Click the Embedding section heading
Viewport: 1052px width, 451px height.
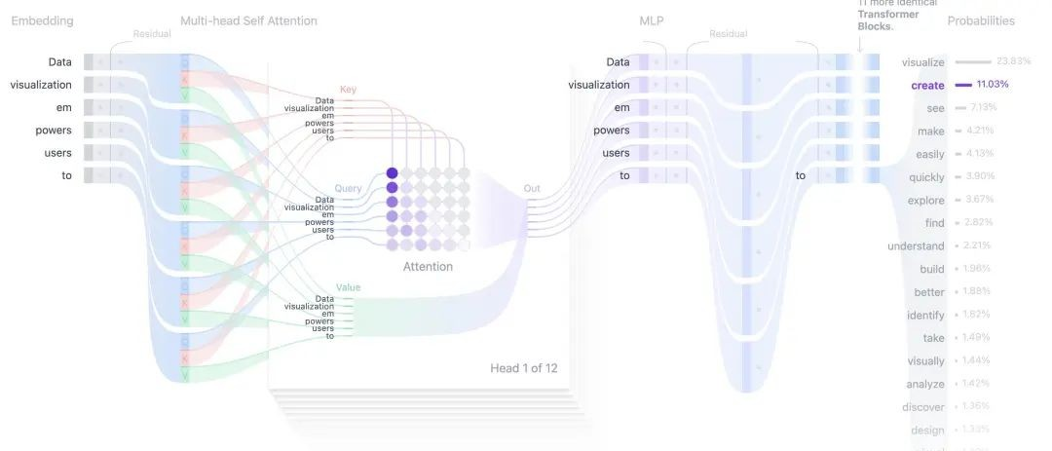pyautogui.click(x=42, y=20)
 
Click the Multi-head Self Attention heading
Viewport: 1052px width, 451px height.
pyautogui.click(x=248, y=20)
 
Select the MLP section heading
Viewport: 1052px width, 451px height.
pyautogui.click(x=652, y=20)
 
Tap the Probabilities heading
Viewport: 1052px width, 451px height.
pyautogui.click(x=981, y=20)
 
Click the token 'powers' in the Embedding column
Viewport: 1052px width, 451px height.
pyautogui.click(x=53, y=130)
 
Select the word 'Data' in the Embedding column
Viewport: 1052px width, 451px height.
pyautogui.click(x=59, y=62)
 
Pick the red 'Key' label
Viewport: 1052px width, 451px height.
pyautogui.click(x=348, y=89)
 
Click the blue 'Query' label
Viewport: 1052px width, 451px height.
pyautogui.click(x=348, y=190)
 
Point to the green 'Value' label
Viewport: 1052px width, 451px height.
pyautogui.click(x=348, y=288)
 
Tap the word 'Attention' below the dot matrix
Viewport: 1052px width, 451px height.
pyautogui.click(x=428, y=265)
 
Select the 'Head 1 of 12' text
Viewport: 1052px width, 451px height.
pyautogui.click(x=524, y=368)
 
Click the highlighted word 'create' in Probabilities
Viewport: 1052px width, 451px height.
pyautogui.click(x=927, y=85)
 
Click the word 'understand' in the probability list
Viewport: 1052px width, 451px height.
pyautogui.click(x=916, y=245)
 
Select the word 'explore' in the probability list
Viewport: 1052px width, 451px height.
pyautogui.click(x=925, y=200)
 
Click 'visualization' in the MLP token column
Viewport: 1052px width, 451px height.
pyautogui.click(x=599, y=85)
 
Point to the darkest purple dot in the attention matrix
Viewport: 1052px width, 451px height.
pyautogui.click(x=393, y=172)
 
